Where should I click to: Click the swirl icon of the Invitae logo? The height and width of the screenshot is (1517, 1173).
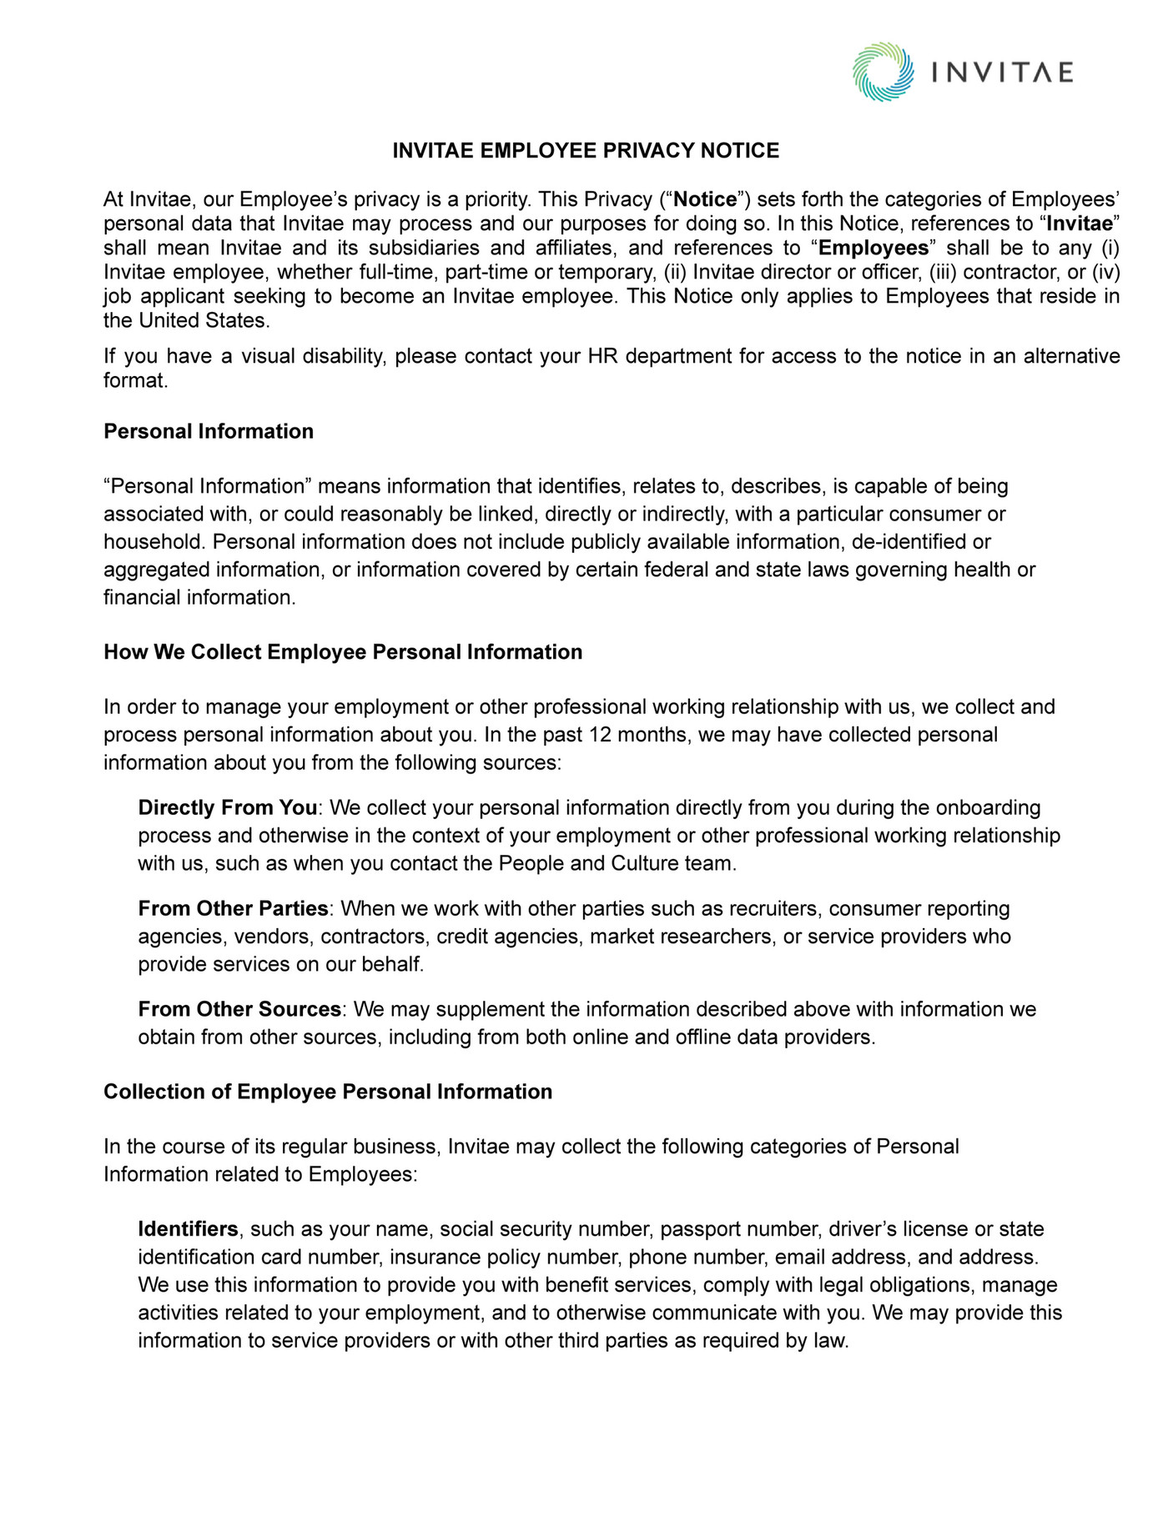(x=884, y=73)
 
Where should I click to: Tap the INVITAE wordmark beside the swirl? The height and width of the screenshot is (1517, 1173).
(x=1001, y=73)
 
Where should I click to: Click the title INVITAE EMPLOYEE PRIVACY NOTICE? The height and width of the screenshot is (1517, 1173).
(x=586, y=151)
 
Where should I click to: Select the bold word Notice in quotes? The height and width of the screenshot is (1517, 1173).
(x=705, y=199)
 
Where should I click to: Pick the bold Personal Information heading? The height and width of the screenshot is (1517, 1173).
(x=209, y=431)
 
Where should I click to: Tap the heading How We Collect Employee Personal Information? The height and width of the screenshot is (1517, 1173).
(x=343, y=652)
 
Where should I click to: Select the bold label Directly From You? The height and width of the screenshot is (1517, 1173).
(x=228, y=807)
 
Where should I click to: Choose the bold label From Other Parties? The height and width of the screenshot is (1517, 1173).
(x=234, y=908)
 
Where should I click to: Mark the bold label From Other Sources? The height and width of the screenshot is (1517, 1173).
(x=239, y=1009)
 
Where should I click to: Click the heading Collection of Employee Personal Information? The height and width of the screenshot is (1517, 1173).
(x=328, y=1092)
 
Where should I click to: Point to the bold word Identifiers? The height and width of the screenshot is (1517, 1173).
(x=189, y=1229)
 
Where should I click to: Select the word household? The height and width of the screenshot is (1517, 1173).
(x=154, y=542)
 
